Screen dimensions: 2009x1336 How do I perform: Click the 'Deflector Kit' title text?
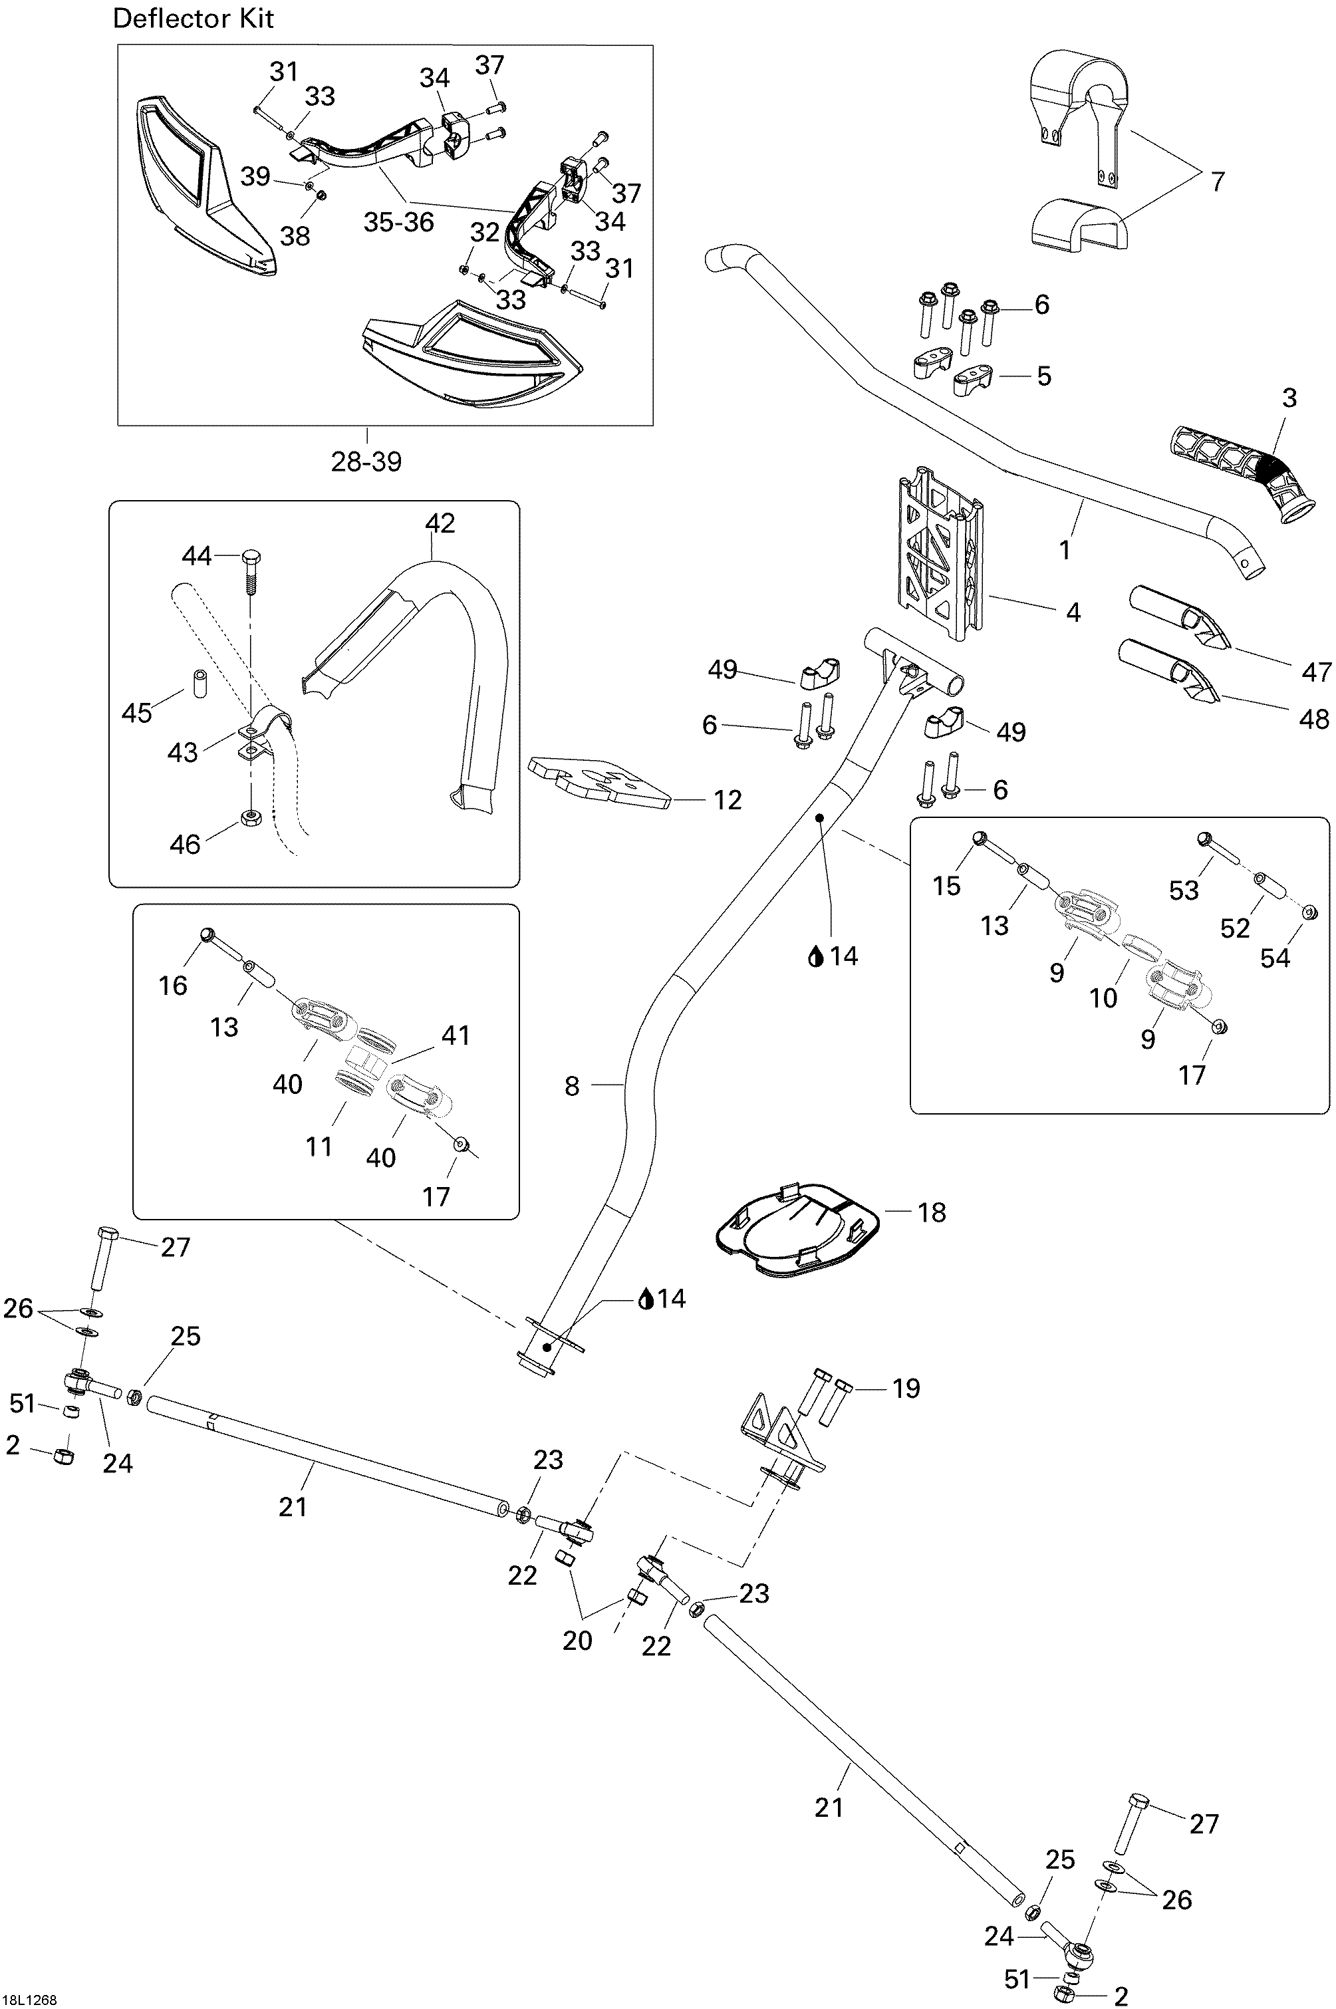[194, 19]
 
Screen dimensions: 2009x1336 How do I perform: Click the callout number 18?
[932, 1212]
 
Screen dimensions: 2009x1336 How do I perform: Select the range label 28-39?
[366, 461]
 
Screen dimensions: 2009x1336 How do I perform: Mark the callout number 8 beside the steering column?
[572, 1085]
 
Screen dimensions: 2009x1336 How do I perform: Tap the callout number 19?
[906, 1388]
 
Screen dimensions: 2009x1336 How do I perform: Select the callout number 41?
[455, 1035]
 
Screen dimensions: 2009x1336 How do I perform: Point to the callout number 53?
[1184, 890]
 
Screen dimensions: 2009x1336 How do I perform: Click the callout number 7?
[1217, 182]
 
